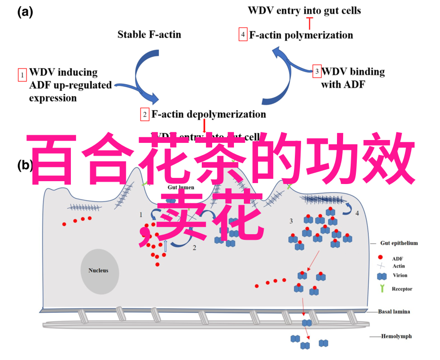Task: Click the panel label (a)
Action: (25, 13)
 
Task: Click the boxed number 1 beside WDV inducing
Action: (22, 75)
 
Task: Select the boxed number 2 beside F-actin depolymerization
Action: (145, 114)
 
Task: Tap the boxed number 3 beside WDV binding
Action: (317, 71)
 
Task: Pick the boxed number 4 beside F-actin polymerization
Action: (243, 35)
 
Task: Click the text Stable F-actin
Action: (149, 34)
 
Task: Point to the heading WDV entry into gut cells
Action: (304, 10)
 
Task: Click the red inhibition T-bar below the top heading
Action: (310, 22)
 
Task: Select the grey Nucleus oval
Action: (98, 271)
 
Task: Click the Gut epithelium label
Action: (399, 243)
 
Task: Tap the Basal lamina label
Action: (394, 311)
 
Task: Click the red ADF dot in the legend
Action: (380, 257)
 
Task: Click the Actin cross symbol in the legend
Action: (380, 266)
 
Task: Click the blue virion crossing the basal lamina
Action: (307, 323)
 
